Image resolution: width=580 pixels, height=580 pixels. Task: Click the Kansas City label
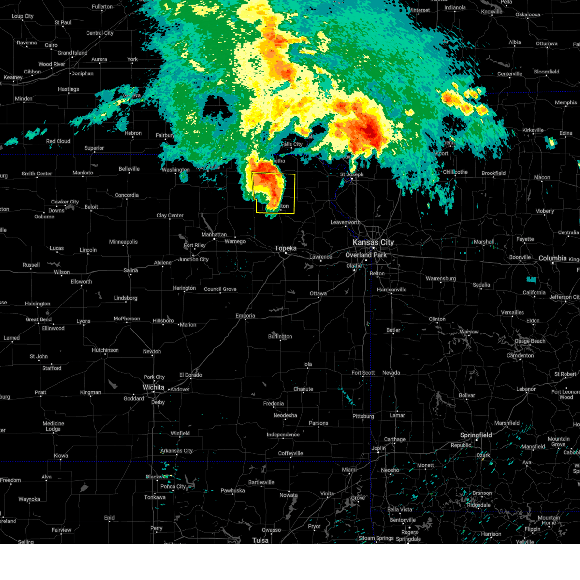[x=373, y=242]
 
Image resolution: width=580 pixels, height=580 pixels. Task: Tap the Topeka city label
[x=286, y=248]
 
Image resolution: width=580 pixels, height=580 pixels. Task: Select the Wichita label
[x=153, y=387]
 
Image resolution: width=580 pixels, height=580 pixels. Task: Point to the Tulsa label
[x=260, y=540]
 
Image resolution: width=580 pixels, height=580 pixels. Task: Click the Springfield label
[x=476, y=435]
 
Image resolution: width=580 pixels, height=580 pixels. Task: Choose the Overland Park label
[x=366, y=255]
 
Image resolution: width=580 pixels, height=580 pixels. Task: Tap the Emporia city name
[x=245, y=316]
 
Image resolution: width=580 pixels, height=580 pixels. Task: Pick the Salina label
[x=130, y=270]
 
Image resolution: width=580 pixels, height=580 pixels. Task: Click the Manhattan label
[x=214, y=235]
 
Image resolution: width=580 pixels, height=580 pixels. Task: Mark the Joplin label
[x=378, y=448]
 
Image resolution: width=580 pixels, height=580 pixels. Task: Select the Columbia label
[x=552, y=258]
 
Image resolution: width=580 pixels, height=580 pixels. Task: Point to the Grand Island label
[x=72, y=53]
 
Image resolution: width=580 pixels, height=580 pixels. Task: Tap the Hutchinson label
[x=105, y=350]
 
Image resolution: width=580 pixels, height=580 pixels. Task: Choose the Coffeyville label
[x=290, y=453]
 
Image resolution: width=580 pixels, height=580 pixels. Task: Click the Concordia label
[x=127, y=195]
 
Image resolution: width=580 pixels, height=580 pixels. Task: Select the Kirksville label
[x=533, y=130]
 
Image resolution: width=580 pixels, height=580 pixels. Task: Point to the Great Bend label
[x=39, y=319]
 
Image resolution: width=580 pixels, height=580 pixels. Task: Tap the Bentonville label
[x=403, y=520]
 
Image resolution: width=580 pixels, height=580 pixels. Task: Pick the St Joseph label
[x=351, y=174]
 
